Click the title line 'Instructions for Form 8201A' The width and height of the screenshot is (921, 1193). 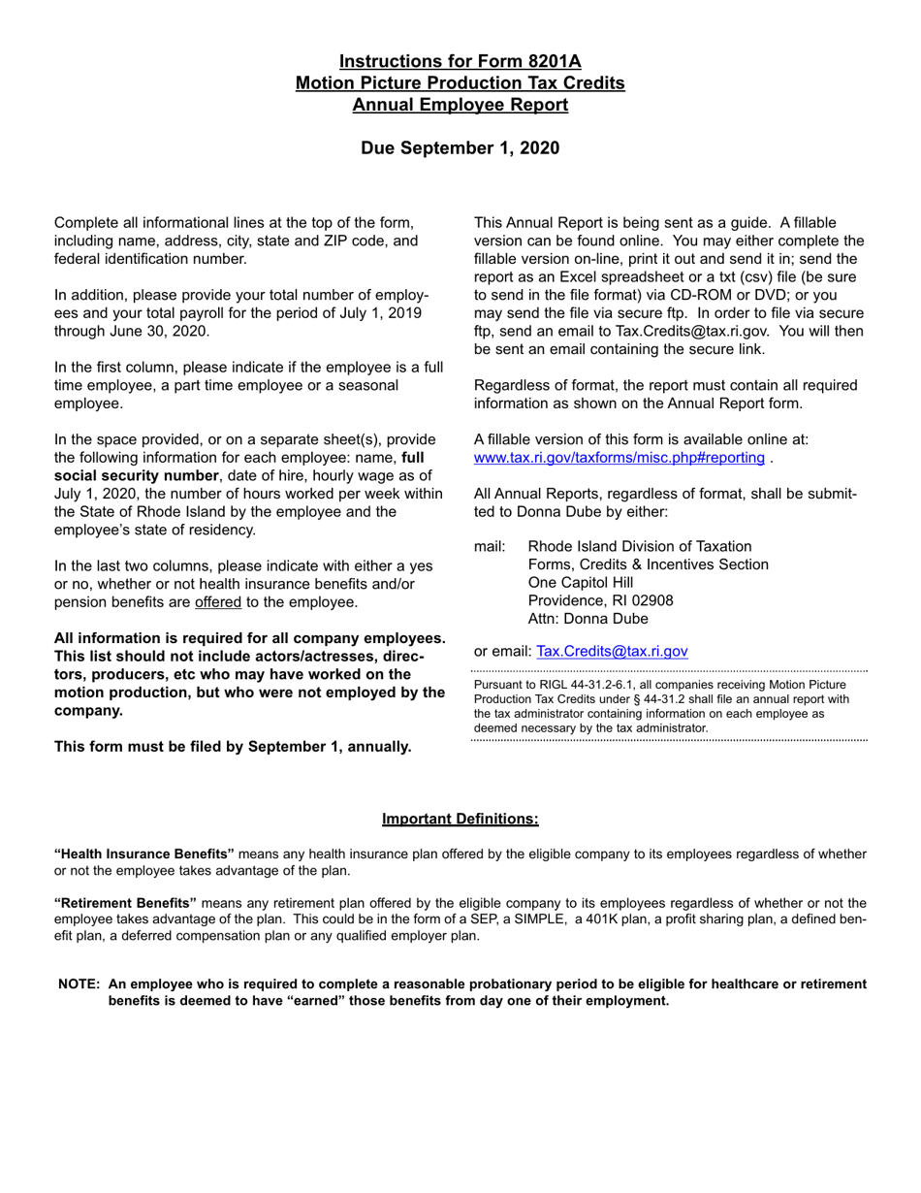(x=460, y=62)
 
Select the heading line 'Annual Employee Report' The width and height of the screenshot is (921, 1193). (x=460, y=105)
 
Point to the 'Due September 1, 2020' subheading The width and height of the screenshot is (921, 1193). (x=460, y=148)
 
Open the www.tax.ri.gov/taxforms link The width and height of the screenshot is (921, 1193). (x=619, y=458)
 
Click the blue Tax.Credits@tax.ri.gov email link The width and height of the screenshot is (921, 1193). (x=612, y=651)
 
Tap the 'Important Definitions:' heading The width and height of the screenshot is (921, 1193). (x=460, y=819)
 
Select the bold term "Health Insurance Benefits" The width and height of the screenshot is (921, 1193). (x=144, y=854)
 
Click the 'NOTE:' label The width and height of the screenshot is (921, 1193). (x=79, y=983)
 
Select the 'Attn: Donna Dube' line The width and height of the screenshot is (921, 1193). (x=588, y=619)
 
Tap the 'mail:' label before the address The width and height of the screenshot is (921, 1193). (x=490, y=546)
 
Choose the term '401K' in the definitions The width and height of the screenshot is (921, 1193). (x=593, y=919)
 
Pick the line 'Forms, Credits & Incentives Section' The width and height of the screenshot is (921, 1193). (x=648, y=564)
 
